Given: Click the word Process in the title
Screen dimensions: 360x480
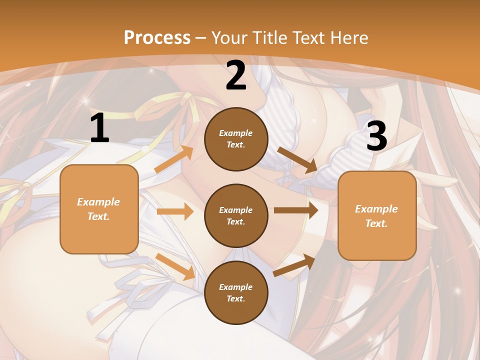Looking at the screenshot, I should tap(157, 38).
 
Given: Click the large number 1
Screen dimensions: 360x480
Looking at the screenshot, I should tap(99, 128).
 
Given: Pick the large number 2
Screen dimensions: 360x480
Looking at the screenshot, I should tap(236, 75).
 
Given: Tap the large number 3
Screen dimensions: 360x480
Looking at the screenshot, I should tap(376, 136).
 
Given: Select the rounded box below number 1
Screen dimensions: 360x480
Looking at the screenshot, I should tap(99, 209).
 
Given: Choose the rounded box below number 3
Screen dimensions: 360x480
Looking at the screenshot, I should tap(377, 215).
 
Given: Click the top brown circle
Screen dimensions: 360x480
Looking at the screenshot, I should tap(236, 139).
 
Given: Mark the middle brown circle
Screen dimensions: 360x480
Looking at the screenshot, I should tap(236, 215).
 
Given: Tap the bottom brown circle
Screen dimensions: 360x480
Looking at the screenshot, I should tap(236, 292).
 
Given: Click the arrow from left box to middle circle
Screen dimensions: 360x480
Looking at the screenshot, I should tap(175, 211).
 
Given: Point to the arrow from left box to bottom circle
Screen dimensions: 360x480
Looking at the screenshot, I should tap(175, 266).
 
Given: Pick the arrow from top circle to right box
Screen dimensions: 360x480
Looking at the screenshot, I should tap(297, 160).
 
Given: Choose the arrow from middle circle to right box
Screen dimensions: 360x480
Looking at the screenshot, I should tap(296, 210).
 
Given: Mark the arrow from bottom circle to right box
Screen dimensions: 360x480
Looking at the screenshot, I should tap(294, 265).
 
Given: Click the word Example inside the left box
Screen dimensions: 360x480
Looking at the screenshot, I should tap(98, 202).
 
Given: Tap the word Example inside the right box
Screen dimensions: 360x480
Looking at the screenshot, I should tap(376, 209).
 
